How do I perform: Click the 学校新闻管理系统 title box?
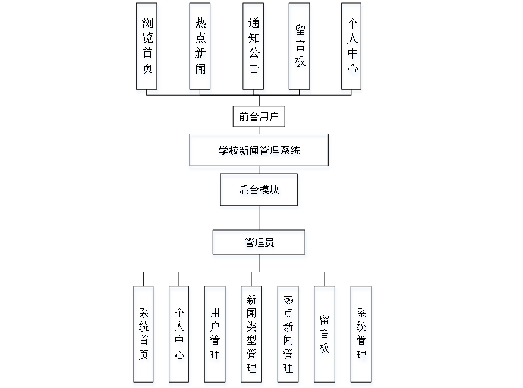point(259,152)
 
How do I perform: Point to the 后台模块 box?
point(260,191)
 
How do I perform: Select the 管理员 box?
point(260,244)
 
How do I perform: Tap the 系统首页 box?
point(144,336)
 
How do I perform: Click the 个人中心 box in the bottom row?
point(179,336)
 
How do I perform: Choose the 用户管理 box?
point(215,336)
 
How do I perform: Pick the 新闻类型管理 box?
point(252,336)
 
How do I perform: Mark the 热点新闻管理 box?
point(288,336)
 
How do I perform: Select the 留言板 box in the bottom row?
point(324,336)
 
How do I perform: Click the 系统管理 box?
point(361,336)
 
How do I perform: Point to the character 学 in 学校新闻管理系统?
point(223,152)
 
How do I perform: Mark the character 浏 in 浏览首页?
point(147,26)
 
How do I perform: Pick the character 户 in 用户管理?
point(215,327)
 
